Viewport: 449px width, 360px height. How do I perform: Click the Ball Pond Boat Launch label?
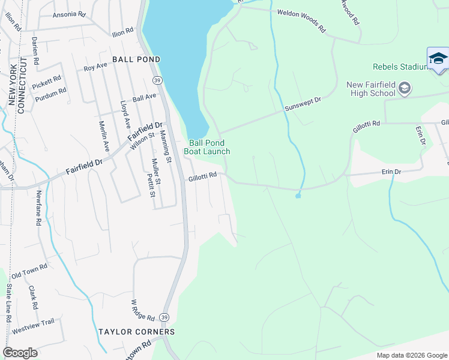(209, 147)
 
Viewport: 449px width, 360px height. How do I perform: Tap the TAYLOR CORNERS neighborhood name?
(137, 332)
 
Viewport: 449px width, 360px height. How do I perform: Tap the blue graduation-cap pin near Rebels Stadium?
(438, 59)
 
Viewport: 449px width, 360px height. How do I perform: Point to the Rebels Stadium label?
(399, 67)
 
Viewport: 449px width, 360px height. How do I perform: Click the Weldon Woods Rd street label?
(301, 19)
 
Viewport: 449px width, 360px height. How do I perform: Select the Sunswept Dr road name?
(303, 104)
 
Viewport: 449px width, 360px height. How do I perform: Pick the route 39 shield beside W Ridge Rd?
(165, 317)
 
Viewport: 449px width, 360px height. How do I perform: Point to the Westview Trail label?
(33, 325)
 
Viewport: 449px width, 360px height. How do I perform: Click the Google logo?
(20, 353)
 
